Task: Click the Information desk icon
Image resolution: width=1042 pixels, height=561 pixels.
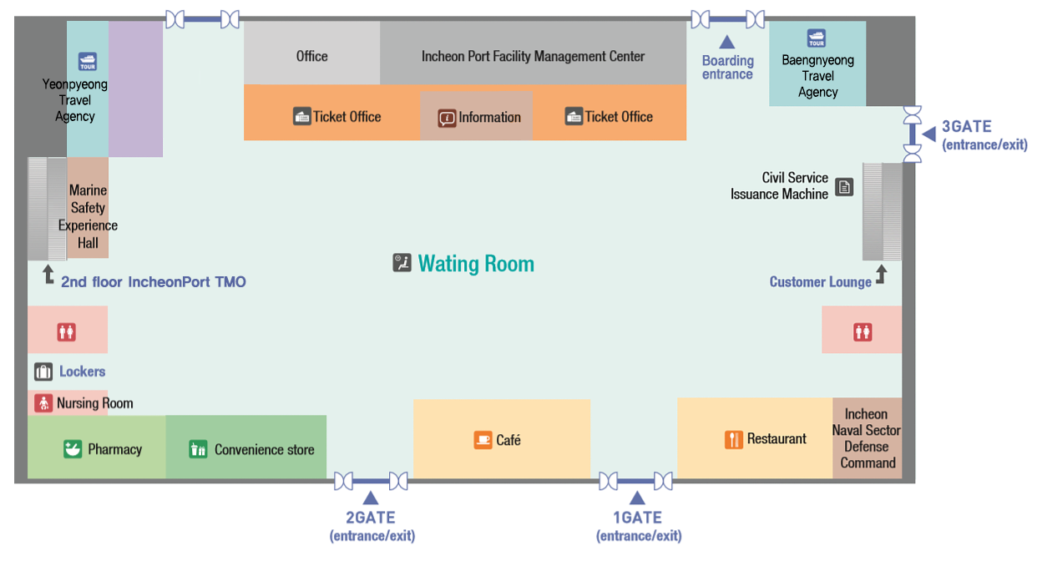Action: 448,118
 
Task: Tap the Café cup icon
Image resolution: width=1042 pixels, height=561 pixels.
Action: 483,439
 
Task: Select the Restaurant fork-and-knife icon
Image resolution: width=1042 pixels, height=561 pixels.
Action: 734,439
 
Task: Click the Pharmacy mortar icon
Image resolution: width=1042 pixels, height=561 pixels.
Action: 73,449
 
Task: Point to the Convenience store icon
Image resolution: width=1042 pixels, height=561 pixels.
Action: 198,449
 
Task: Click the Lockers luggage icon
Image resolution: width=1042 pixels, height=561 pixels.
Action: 43,371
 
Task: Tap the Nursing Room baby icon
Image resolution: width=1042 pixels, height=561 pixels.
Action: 43,403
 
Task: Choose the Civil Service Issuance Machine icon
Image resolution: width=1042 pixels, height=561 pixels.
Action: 844,186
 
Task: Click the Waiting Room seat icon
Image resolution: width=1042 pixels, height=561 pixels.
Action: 402,263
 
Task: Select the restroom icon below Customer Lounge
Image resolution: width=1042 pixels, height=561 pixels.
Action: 862,331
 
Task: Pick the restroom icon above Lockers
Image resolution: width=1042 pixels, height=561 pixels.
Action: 67,331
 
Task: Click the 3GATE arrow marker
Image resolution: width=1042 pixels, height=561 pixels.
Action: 928,134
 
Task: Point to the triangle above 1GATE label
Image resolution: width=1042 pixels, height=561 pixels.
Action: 637,498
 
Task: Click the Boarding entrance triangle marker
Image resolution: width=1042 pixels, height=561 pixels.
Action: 727,42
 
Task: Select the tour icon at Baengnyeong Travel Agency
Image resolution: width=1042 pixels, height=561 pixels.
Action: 816,38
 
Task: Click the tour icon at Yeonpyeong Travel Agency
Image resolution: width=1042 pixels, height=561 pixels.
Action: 87,62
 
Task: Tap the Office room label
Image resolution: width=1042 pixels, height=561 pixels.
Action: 311,56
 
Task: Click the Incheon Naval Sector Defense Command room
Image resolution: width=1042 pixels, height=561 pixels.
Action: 867,438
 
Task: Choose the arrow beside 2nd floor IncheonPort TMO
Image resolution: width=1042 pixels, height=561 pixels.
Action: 48,275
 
